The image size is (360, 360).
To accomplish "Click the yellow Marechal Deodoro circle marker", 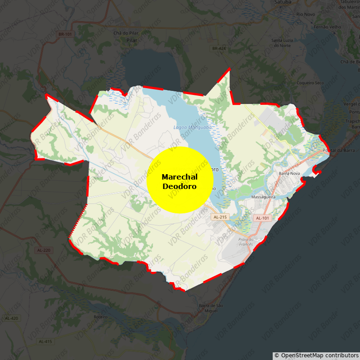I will [x=180, y=180].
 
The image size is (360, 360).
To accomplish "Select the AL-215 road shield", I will [x=220, y=217].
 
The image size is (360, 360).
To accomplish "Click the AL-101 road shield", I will [x=262, y=218].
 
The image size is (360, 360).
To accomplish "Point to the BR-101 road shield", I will [x=65, y=34].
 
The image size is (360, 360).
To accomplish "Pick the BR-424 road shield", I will [x=219, y=48].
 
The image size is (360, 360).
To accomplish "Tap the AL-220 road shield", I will [x=44, y=249].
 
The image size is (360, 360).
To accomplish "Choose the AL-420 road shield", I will [x=12, y=318].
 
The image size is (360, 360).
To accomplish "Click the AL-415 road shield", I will [x=45, y=341].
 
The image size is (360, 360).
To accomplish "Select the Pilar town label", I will [x=132, y=40].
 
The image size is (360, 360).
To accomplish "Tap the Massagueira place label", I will [x=263, y=197].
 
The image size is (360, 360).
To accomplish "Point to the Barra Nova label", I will [x=289, y=173].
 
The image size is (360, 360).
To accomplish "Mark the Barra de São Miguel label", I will [x=211, y=308].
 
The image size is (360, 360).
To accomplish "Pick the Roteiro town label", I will [x=100, y=317].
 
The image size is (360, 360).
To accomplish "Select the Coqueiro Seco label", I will [x=310, y=83].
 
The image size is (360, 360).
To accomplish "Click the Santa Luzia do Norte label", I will [x=282, y=43].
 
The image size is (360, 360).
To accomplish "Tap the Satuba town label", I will [x=282, y=2].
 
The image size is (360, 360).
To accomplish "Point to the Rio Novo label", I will [x=306, y=14].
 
